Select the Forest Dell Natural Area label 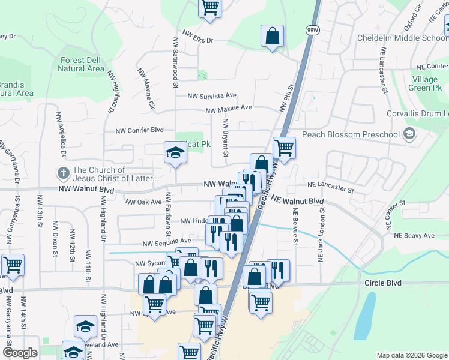(82, 64)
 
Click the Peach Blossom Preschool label (351, 134)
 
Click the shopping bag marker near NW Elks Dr (272, 36)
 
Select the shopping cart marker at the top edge (210, 8)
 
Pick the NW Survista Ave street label (212, 96)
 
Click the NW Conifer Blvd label (140, 130)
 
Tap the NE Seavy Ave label (413, 236)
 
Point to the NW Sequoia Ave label (167, 243)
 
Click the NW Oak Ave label (143, 202)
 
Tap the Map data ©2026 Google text (411, 355)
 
